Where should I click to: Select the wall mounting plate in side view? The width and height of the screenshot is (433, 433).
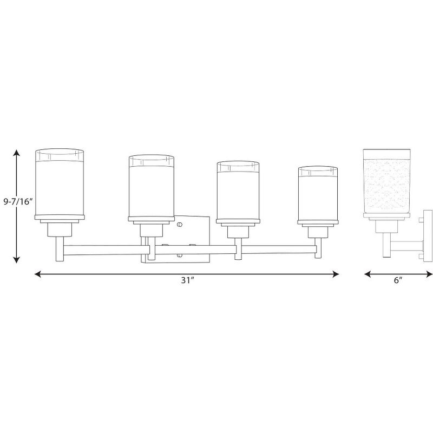click(425, 233)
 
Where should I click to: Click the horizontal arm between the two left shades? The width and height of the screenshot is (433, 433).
click(103, 250)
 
